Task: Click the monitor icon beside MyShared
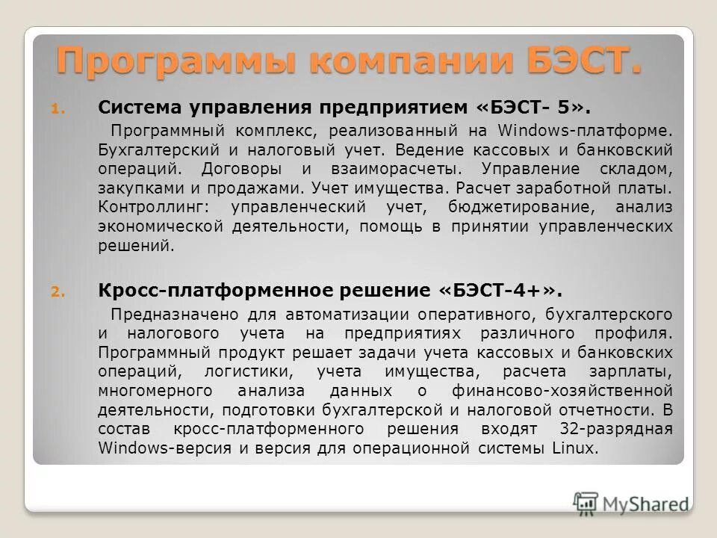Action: (586, 503)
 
